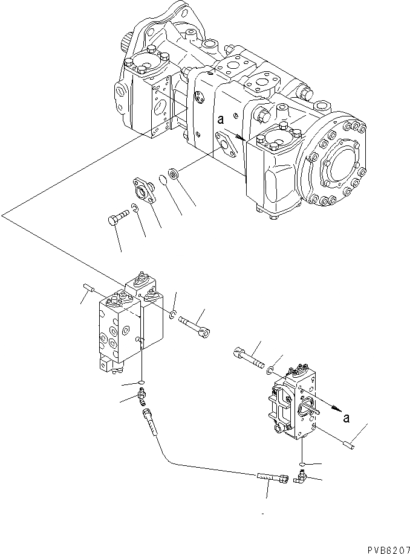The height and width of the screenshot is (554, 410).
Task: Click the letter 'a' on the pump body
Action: [x=221, y=121]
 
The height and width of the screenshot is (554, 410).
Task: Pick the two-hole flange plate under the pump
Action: [x=144, y=189]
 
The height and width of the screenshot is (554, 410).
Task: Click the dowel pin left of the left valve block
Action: [x=88, y=289]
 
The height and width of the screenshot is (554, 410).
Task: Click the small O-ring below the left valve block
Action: [x=141, y=382]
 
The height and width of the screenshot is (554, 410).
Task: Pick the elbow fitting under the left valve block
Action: [x=143, y=397]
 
